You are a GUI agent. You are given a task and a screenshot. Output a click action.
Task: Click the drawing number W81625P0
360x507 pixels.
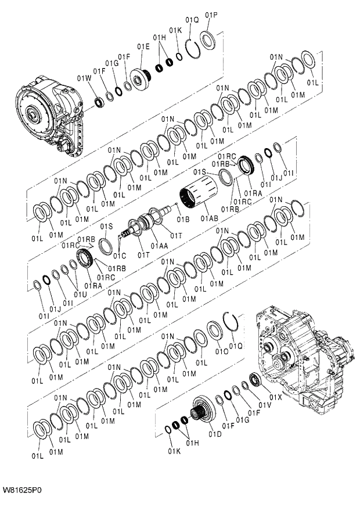22,490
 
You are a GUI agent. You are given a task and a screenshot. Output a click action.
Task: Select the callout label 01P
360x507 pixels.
211,15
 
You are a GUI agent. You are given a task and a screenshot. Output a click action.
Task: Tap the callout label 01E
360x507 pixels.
143,46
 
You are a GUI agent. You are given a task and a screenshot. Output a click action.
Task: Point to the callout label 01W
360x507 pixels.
84,78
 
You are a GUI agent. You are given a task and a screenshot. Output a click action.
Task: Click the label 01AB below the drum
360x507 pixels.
210,218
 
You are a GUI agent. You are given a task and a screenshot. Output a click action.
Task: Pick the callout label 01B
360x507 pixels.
183,219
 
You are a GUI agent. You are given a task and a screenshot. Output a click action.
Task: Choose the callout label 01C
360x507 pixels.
120,256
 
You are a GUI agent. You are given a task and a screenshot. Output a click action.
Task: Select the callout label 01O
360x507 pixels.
221,351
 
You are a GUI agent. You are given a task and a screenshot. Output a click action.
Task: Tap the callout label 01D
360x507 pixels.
215,434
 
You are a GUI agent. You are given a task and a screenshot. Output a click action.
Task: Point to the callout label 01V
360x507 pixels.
265,405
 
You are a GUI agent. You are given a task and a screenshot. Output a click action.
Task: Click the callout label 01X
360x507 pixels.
276,397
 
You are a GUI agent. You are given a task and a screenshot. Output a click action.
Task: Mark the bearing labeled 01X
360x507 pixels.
254,380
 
